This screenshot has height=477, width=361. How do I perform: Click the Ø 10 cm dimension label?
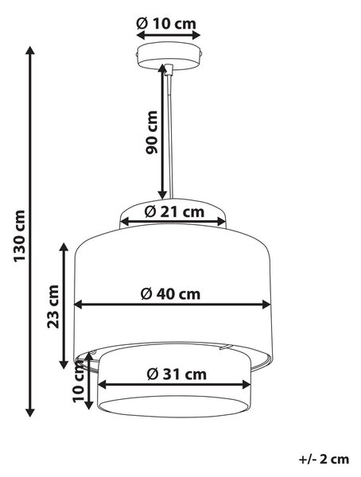coord(166,23)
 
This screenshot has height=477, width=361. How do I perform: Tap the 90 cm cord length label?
coord(152,132)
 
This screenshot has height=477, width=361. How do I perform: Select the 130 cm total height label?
coord(19,235)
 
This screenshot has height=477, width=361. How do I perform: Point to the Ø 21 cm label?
coord(174,211)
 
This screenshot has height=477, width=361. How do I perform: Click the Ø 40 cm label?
coord(170,294)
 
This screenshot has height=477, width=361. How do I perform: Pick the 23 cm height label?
coord(52,306)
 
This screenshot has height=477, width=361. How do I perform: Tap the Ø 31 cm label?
coord(177,374)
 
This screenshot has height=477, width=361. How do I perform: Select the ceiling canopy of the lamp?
coord(169,56)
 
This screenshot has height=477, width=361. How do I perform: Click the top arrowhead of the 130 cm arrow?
coord(30,50)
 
